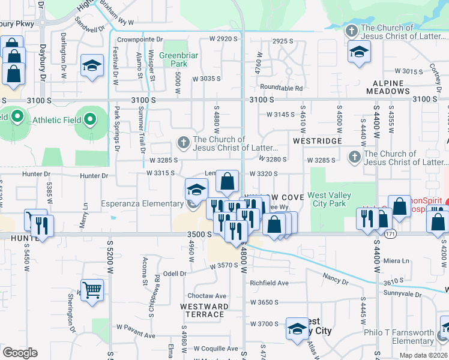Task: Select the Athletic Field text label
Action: pyautogui.click(x=56, y=120)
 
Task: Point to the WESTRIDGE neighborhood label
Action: pyautogui.click(x=317, y=141)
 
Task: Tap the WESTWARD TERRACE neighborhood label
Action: pyautogui.click(x=204, y=310)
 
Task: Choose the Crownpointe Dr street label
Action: pyautogui.click(x=140, y=40)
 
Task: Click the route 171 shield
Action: pyautogui.click(x=391, y=235)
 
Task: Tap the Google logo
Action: pyautogui.click(x=20, y=352)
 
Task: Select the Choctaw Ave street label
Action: pyautogui.click(x=206, y=296)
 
